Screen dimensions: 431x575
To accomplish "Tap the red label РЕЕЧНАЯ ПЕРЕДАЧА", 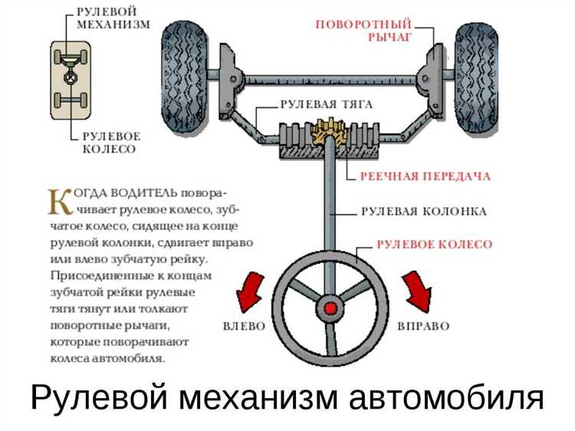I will (426, 176).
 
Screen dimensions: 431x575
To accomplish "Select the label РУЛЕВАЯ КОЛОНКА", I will (423, 211).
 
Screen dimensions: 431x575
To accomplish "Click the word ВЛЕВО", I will (244, 326).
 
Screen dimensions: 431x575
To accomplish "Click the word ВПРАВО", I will (423, 326).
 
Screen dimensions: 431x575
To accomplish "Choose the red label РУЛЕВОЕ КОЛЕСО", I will (434, 244).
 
